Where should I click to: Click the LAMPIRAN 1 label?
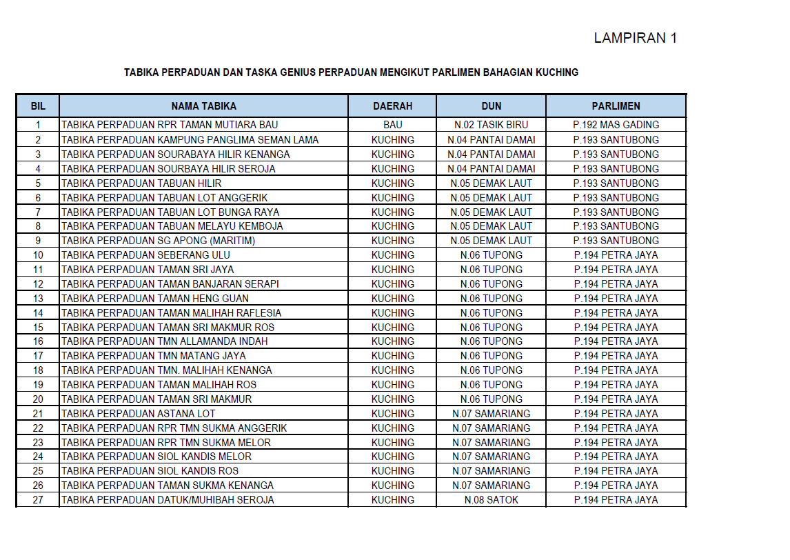635,39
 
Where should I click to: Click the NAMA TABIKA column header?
203,106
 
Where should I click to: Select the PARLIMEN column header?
616,106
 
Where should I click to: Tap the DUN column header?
491,106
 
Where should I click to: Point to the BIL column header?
38,106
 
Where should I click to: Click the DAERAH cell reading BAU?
392,126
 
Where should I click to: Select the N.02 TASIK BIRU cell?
491,126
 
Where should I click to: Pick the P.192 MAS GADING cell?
616,126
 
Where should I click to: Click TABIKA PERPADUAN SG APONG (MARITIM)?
159,241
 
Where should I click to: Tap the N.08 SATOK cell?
491,500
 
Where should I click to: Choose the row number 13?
38,299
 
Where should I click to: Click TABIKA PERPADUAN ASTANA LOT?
139,414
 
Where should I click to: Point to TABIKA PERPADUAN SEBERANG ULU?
146,255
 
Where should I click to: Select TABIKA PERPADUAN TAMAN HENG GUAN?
155,299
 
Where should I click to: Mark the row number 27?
38,500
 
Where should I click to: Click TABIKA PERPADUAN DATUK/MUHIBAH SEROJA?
168,500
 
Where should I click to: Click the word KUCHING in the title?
556,72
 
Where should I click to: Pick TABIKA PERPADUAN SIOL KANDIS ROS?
150,471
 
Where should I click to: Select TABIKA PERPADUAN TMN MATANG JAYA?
154,356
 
